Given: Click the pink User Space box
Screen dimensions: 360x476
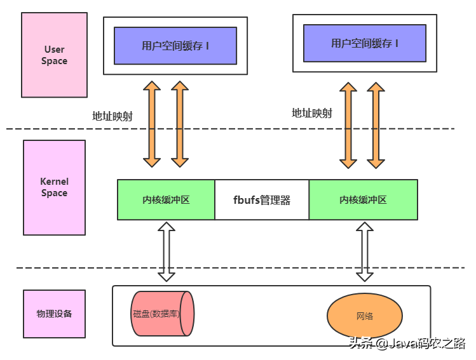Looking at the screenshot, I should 54,55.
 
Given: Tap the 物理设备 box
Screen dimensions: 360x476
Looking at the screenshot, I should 54,314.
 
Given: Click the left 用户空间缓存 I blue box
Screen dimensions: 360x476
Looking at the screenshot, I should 175,46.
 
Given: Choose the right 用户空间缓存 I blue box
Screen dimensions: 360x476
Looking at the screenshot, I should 364,43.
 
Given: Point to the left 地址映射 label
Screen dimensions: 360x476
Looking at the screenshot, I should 112,116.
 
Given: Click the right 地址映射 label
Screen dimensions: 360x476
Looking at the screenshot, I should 311,113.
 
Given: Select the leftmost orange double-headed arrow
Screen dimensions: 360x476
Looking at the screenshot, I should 153,124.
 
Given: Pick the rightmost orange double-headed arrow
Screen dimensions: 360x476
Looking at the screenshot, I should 376,124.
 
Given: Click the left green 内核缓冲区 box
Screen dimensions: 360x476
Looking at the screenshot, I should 166,199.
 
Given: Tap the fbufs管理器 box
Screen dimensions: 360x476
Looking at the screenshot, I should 262,199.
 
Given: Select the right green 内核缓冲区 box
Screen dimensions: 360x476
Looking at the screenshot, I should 363,199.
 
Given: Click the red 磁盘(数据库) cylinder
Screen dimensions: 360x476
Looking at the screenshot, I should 161,314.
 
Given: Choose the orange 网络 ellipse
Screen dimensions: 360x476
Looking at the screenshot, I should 364,316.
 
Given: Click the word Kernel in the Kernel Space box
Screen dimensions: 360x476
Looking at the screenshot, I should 54,182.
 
